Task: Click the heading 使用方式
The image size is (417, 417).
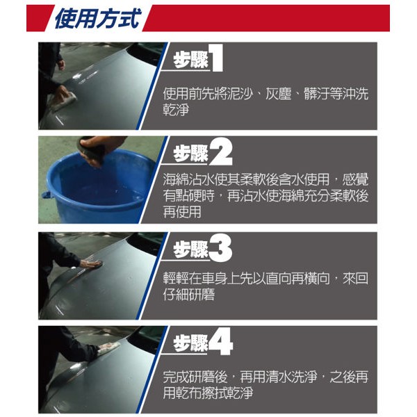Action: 97,18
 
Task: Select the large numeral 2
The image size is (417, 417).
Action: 221,153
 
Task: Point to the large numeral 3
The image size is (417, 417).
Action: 220,249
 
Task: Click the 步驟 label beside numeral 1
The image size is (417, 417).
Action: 190,60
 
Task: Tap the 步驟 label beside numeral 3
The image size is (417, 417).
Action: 190,250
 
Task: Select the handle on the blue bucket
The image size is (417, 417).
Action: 46,195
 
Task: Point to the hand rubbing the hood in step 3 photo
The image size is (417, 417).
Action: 91,263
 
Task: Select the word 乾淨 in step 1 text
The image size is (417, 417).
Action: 176,109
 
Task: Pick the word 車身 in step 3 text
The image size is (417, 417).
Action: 214,278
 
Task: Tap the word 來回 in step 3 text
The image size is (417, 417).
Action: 355,278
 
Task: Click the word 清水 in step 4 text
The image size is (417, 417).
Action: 279,376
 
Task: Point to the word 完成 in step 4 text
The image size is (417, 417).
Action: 176,376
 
